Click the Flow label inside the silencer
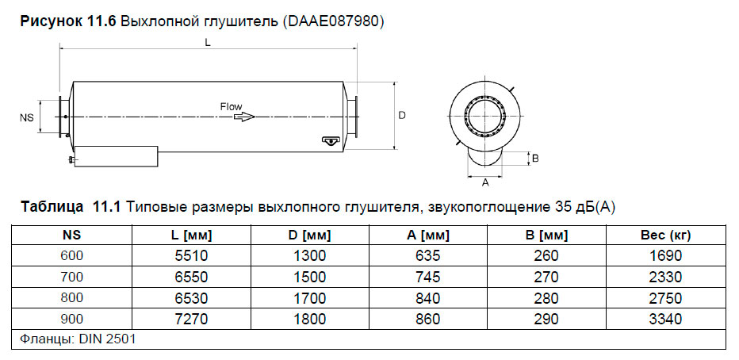coord(231,105)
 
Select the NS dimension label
coord(26,117)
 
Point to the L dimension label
coord(207,44)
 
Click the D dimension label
coord(402,116)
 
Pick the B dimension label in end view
coord(536,159)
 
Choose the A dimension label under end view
coord(485,182)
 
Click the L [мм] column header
coord(192,236)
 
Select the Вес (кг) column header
coord(664,236)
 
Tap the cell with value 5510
coord(192,255)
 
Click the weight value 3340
coord(664,319)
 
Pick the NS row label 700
coord(71,277)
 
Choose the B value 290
coord(546,319)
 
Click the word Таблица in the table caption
coord(52,208)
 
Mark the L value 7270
coord(192,319)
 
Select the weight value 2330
coord(664,277)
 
